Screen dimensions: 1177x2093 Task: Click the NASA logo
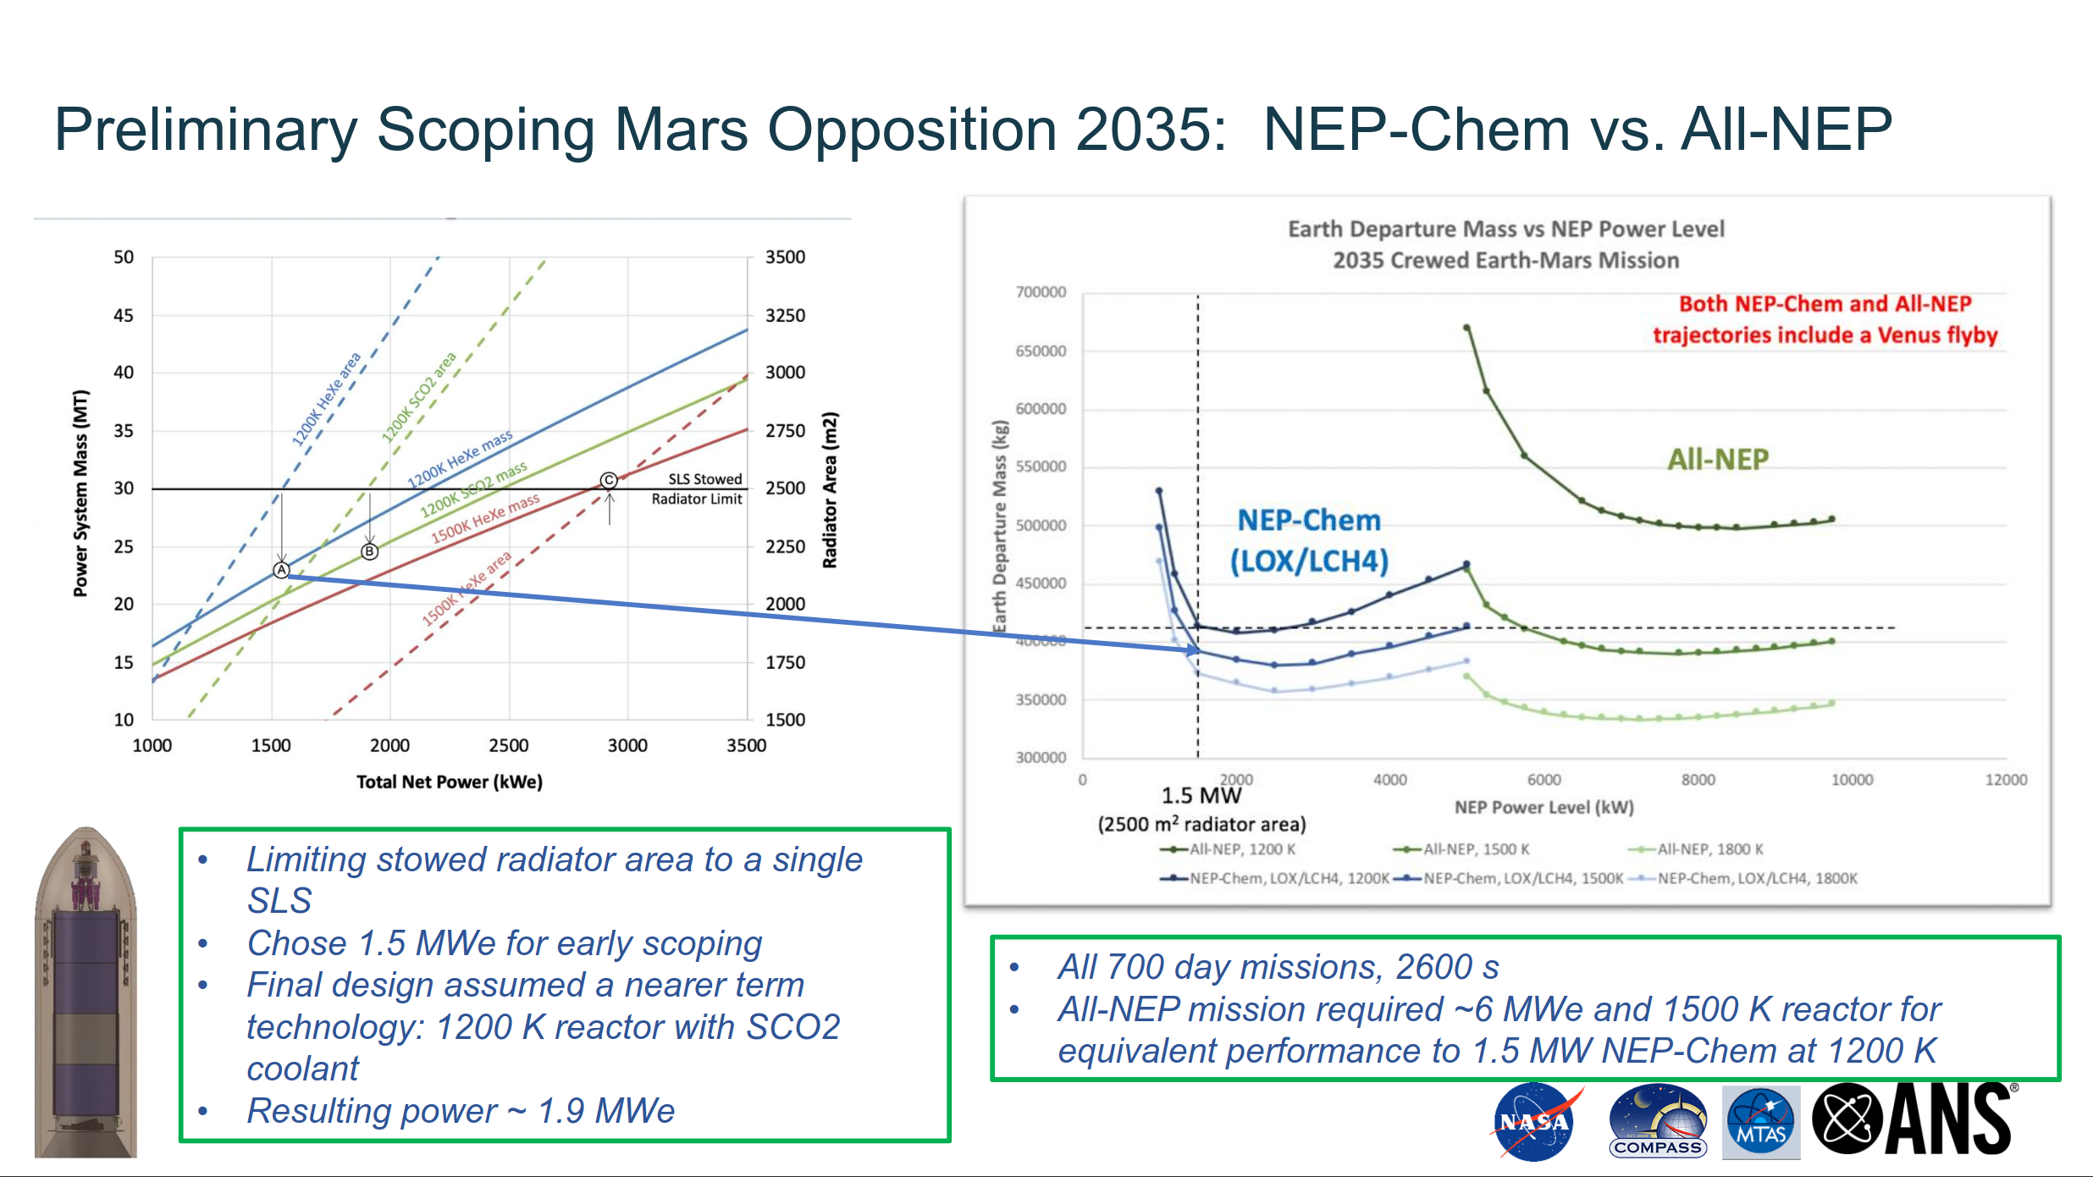[x=1534, y=1122]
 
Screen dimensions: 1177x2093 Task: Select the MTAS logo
[x=1761, y=1122]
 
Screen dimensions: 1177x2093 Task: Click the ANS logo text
[x=1947, y=1119]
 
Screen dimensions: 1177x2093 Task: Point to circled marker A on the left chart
[x=282, y=570]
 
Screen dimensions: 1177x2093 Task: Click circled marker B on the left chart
[x=370, y=552]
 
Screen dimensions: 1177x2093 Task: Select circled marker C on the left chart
[x=609, y=480]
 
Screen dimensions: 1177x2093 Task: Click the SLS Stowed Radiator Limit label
[x=697, y=489]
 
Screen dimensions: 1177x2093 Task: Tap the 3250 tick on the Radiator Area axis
[x=785, y=315]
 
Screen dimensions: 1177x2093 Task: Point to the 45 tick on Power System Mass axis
[x=124, y=315]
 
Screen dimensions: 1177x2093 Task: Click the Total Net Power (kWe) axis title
[x=449, y=782]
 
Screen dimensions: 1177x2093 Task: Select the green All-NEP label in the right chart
[x=1718, y=460]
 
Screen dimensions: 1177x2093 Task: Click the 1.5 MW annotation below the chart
[x=1201, y=796]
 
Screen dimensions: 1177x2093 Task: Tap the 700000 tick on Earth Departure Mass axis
[x=1041, y=292]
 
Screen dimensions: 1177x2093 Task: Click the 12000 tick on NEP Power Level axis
[x=2006, y=780]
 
